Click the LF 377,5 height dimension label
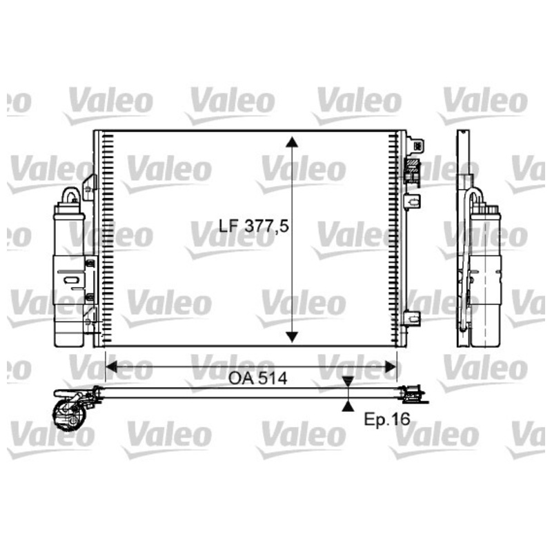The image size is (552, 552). (253, 226)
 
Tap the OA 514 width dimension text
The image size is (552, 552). (257, 378)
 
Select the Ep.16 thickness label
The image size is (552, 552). (386, 419)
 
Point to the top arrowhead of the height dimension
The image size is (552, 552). (292, 142)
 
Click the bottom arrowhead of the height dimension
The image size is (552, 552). (292, 337)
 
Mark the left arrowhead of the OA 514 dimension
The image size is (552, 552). (111, 367)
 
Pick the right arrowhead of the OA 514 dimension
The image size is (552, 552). (391, 367)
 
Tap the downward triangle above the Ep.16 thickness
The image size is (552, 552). (348, 382)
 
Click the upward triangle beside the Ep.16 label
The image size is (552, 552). (348, 406)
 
